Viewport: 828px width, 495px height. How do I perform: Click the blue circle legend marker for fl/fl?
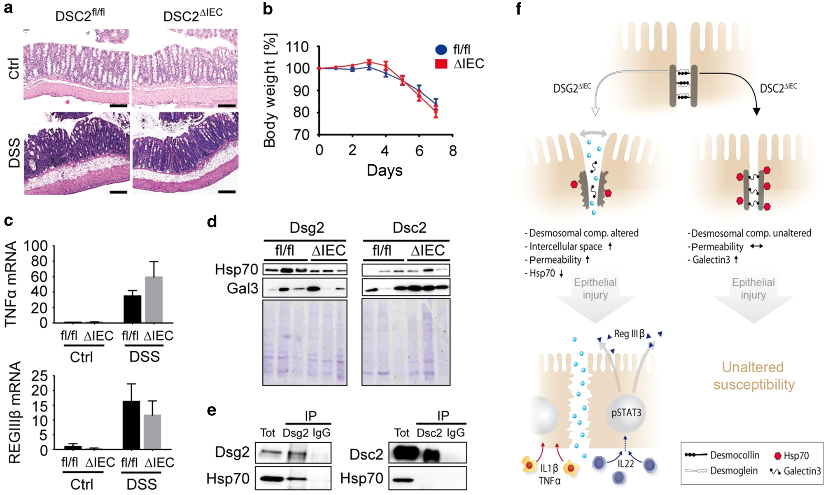point(441,49)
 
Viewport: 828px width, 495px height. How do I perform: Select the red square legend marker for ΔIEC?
point(441,64)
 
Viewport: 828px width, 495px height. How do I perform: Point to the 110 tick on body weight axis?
point(297,47)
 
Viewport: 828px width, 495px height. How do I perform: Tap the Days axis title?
point(385,170)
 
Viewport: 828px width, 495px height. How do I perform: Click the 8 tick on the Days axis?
point(453,151)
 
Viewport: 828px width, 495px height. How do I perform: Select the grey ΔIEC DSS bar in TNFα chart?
point(154,299)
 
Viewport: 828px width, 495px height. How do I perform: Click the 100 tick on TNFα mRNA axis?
point(36,246)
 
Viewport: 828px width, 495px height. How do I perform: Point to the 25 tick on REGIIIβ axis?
point(39,376)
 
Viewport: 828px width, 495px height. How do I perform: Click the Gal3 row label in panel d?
point(242,288)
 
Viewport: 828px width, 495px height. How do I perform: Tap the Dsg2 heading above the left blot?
point(307,228)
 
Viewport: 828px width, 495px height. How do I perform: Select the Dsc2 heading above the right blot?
point(409,228)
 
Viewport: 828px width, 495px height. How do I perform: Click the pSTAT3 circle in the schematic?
point(626,413)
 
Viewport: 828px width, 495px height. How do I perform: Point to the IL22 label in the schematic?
point(626,464)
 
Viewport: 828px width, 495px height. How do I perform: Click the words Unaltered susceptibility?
point(753,376)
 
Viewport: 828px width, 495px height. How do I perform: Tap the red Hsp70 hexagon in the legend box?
point(777,455)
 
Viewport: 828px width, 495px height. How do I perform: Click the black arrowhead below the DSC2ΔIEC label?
point(756,112)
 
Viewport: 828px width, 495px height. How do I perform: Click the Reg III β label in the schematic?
point(629,334)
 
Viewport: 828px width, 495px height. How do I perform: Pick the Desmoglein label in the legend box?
point(734,471)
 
